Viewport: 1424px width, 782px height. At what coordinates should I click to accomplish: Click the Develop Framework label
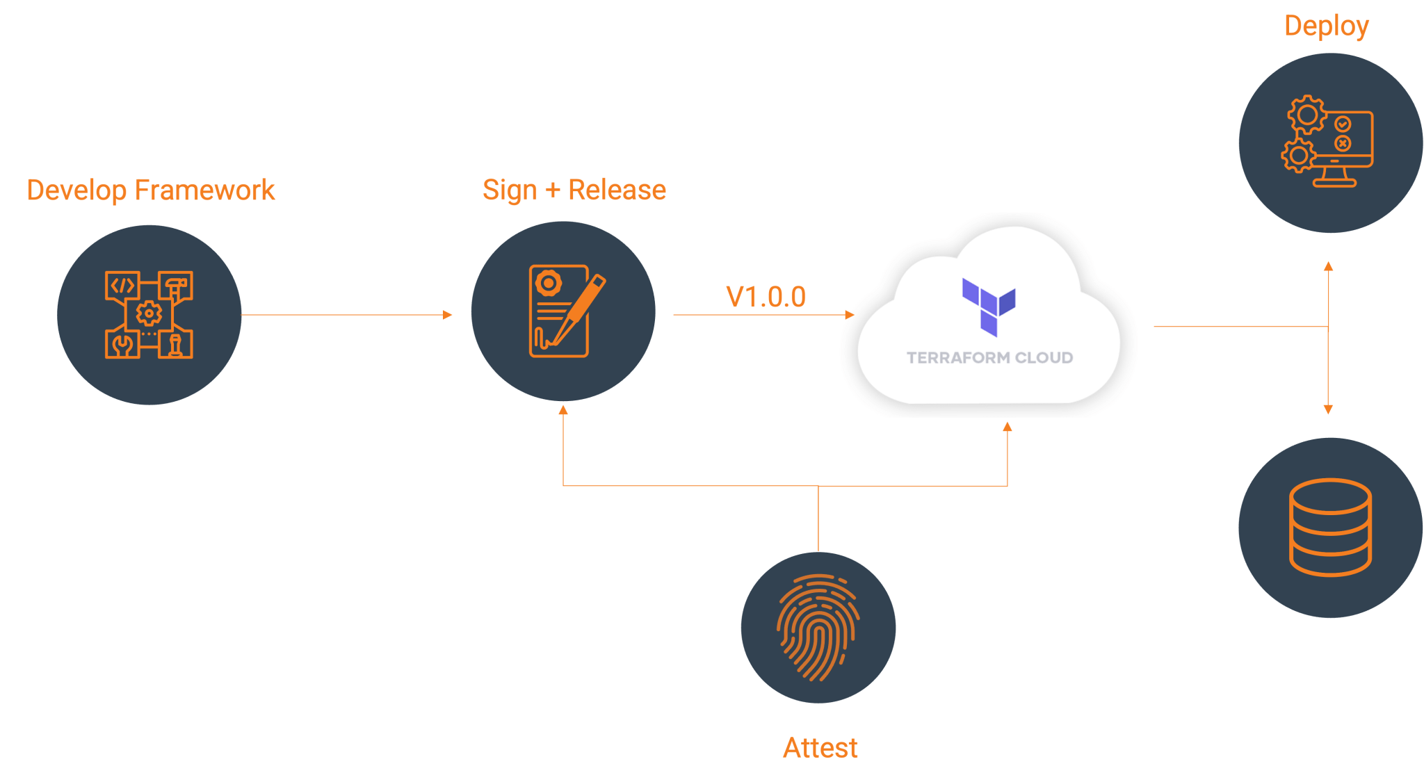(x=151, y=190)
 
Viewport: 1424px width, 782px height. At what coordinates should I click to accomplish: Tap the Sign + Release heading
(x=574, y=190)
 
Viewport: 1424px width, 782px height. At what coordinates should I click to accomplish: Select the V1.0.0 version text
(x=766, y=297)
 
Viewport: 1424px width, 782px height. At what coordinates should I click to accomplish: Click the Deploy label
(x=1326, y=26)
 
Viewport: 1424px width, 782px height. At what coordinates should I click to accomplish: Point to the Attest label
(x=820, y=748)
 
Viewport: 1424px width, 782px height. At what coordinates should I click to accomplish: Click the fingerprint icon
(x=818, y=627)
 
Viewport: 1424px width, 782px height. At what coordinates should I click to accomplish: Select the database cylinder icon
(x=1330, y=527)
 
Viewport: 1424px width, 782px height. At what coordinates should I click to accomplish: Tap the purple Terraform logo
(x=989, y=307)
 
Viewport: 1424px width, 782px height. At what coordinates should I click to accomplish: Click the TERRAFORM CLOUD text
(x=989, y=358)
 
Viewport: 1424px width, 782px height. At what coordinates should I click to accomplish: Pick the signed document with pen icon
(x=563, y=311)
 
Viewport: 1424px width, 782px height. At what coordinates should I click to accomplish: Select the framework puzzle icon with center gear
(x=149, y=314)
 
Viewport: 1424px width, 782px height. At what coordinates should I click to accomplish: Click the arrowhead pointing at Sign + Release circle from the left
(x=448, y=315)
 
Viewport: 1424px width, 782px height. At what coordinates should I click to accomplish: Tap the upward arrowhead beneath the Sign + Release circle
(x=563, y=410)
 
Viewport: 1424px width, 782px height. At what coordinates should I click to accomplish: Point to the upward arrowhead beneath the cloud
(x=1007, y=426)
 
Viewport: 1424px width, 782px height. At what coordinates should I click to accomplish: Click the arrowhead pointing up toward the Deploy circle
(x=1328, y=266)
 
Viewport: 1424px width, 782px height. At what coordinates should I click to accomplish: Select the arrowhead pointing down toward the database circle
(x=1328, y=410)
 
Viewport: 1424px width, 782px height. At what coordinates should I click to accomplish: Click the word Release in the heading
(x=617, y=190)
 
